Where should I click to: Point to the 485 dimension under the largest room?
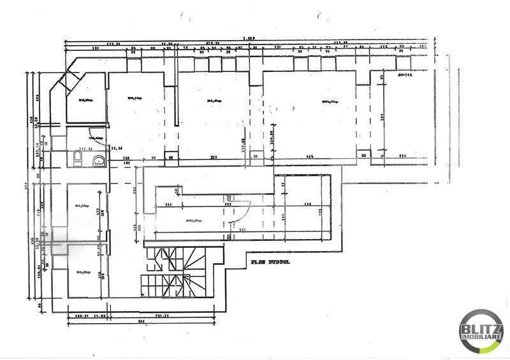[309, 157]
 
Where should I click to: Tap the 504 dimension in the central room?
[241, 229]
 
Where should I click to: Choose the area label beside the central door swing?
[194, 220]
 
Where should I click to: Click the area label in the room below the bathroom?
[81, 206]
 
